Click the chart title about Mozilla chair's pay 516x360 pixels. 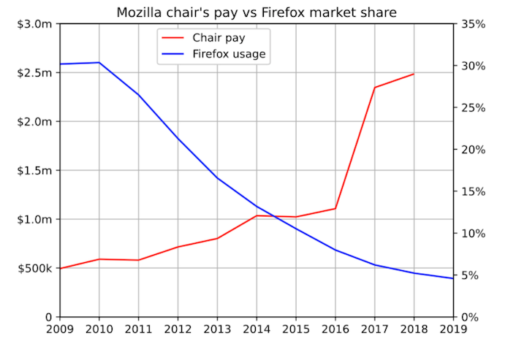[257, 12]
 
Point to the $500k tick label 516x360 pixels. [35, 268]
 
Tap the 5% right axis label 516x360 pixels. [471, 275]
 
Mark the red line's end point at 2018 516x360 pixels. [414, 74]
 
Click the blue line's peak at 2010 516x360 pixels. [99, 63]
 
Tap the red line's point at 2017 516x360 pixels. [374, 88]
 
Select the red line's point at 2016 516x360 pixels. [335, 209]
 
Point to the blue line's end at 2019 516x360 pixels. [453, 278]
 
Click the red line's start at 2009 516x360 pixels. [60, 269]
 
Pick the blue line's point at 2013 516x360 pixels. [217, 178]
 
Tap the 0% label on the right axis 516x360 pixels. [471, 317]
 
